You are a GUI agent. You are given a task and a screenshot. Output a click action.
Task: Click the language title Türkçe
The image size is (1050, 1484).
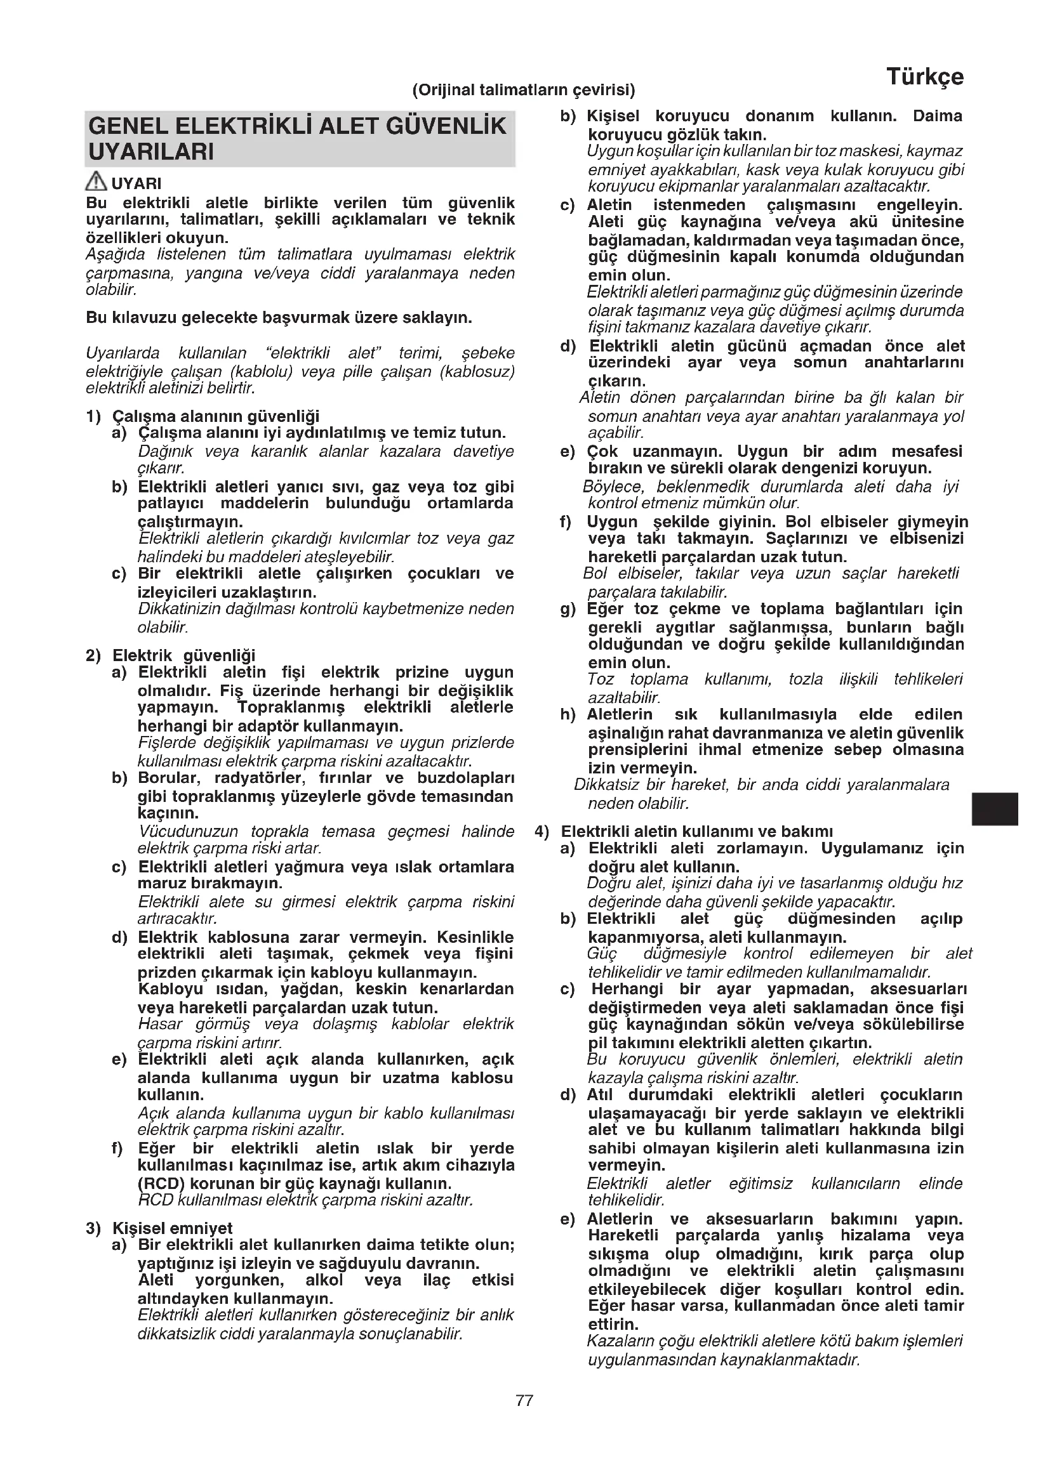pyautogui.click(x=924, y=77)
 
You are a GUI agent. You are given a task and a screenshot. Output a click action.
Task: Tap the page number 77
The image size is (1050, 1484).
pyautogui.click(x=524, y=1401)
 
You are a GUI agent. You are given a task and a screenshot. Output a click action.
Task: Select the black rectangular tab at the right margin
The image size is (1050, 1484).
pyautogui.click(x=995, y=808)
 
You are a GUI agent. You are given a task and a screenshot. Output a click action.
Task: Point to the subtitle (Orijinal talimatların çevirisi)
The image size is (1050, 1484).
pyautogui.click(x=524, y=90)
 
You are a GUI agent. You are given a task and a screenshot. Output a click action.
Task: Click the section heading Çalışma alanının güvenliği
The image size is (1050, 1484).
pyautogui.click(x=216, y=416)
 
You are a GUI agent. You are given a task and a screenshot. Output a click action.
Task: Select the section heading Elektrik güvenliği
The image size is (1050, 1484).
pyautogui.click(x=184, y=655)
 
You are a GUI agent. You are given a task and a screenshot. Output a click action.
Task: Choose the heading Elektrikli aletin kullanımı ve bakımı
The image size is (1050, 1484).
pyautogui.click(x=697, y=831)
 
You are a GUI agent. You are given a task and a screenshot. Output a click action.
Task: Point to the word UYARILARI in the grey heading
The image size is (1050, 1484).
pyautogui.click(x=150, y=152)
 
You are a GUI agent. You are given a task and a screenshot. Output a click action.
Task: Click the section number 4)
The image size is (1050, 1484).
pyautogui.click(x=542, y=831)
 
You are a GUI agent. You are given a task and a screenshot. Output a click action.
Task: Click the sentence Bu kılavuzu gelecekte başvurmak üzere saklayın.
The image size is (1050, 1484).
pyautogui.click(x=279, y=318)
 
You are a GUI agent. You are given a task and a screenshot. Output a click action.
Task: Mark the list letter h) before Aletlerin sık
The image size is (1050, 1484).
pyautogui.click(x=568, y=715)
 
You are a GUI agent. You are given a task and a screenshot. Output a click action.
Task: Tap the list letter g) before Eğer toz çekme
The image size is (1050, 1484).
pyautogui.click(x=568, y=609)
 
